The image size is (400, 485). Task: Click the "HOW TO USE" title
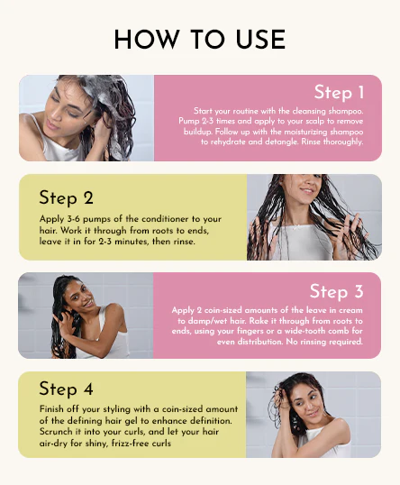(200, 40)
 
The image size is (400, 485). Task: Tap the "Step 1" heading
(339, 92)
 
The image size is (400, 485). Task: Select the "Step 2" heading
(66, 197)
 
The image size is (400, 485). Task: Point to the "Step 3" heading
(336, 291)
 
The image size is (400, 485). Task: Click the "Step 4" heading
(66, 389)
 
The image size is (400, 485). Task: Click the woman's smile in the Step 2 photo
(307, 190)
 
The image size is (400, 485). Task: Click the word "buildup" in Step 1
(197, 132)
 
